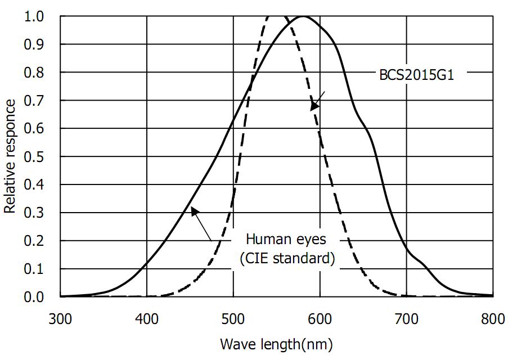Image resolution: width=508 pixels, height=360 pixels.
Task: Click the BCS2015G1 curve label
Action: tap(416, 75)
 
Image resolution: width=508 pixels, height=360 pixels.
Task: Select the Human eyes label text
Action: tap(286, 239)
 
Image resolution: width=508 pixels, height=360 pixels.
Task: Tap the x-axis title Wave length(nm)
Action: tap(276, 343)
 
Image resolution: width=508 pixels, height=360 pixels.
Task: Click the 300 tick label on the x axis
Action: tap(60, 319)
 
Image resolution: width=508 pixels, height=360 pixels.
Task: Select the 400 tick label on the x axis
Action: tap(147, 319)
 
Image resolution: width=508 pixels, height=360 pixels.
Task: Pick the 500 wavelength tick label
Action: tap(233, 319)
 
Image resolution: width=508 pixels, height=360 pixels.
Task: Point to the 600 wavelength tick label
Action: tap(320, 319)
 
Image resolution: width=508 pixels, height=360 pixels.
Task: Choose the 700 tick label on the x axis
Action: tap(406, 319)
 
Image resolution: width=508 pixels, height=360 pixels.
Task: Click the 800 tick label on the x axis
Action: tap(493, 319)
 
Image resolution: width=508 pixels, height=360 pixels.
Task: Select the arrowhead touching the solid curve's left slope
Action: tap(194, 210)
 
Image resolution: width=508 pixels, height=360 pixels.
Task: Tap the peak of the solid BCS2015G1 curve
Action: tap(304, 16)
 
